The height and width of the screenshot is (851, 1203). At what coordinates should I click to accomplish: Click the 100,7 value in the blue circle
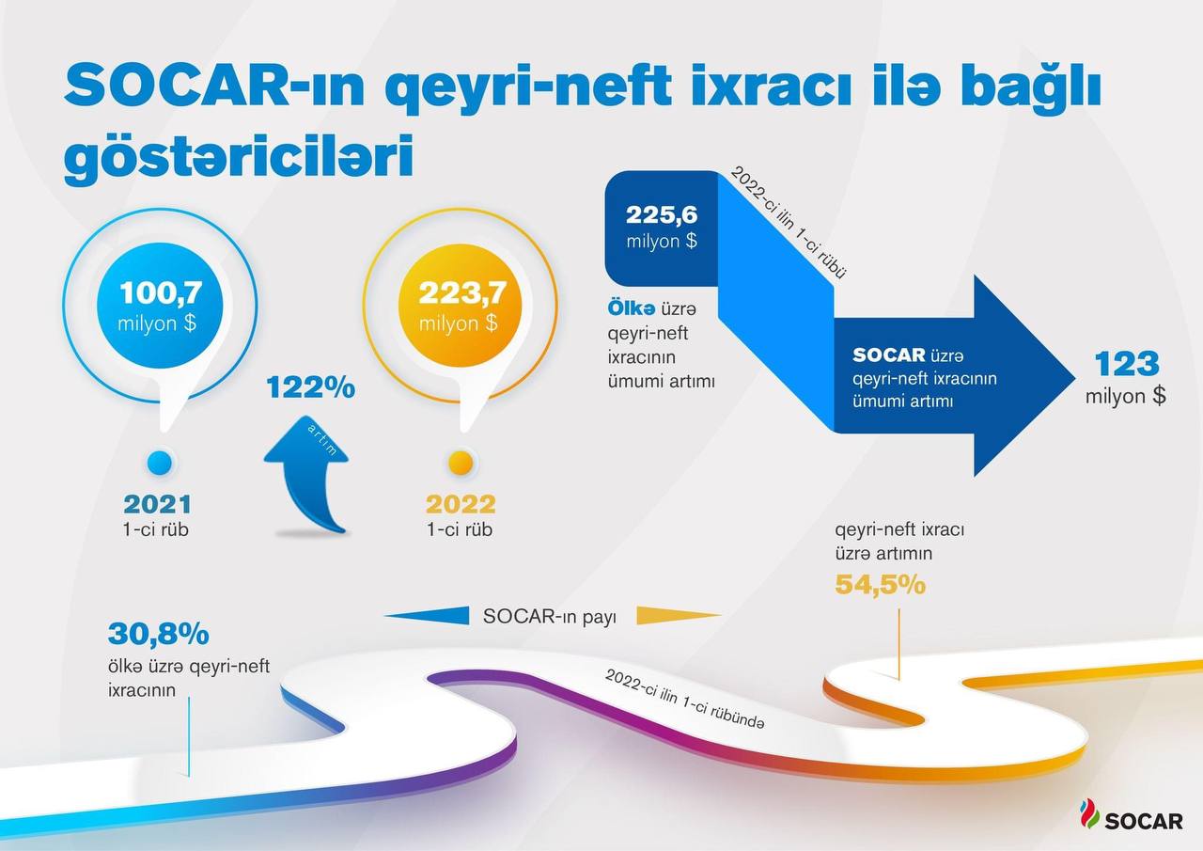(161, 292)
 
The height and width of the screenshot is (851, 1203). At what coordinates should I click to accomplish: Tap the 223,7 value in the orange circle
(462, 292)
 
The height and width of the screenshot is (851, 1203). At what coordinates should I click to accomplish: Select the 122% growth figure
(311, 387)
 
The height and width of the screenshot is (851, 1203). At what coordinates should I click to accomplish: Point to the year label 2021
(157, 504)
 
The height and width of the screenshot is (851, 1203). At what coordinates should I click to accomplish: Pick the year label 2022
(461, 504)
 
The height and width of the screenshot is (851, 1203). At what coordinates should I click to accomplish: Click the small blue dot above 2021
(160, 463)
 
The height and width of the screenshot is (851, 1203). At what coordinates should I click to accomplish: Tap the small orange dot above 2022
(461, 463)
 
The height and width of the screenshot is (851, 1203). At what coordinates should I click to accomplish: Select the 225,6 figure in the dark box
(662, 215)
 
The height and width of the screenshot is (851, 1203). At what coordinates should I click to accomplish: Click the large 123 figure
(1127, 364)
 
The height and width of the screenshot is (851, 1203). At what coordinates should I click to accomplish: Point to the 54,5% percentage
(881, 585)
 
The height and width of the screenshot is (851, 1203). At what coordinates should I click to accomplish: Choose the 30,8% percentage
(159, 634)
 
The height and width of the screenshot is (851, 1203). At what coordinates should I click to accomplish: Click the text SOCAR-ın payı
(549, 617)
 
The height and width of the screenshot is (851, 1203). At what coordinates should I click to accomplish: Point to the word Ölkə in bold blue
(631, 309)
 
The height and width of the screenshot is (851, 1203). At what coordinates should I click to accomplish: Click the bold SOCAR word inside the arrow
(889, 355)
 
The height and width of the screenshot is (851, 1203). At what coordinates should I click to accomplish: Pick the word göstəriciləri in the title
(239, 157)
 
